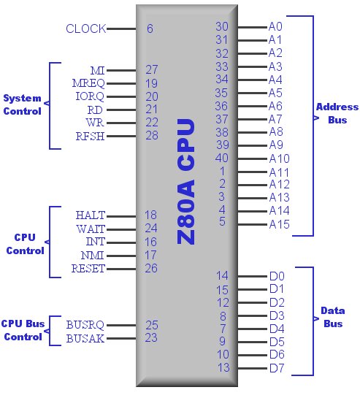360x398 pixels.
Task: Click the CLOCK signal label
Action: click(x=86, y=28)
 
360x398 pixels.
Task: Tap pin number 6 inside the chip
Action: click(x=150, y=28)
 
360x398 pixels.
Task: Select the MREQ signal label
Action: click(x=88, y=83)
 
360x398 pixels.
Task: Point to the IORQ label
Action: click(x=90, y=96)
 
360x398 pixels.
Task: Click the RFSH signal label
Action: click(x=90, y=136)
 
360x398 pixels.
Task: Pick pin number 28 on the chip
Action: click(x=152, y=135)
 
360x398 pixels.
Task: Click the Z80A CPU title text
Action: click(x=185, y=181)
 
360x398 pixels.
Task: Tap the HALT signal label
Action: click(x=91, y=215)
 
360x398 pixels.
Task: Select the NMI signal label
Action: click(x=93, y=255)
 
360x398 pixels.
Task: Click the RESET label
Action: click(x=88, y=269)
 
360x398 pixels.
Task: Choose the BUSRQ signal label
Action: click(x=85, y=325)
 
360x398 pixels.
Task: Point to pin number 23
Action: click(x=151, y=337)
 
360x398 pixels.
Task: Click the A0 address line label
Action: click(x=275, y=26)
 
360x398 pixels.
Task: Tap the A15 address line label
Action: click(x=279, y=224)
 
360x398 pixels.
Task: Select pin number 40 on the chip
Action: click(x=222, y=158)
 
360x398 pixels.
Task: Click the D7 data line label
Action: click(x=277, y=368)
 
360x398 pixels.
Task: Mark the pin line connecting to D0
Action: click(x=253, y=276)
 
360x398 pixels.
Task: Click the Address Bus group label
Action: click(x=337, y=113)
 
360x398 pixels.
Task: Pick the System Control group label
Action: click(x=23, y=104)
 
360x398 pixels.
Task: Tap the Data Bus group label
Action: click(x=333, y=317)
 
